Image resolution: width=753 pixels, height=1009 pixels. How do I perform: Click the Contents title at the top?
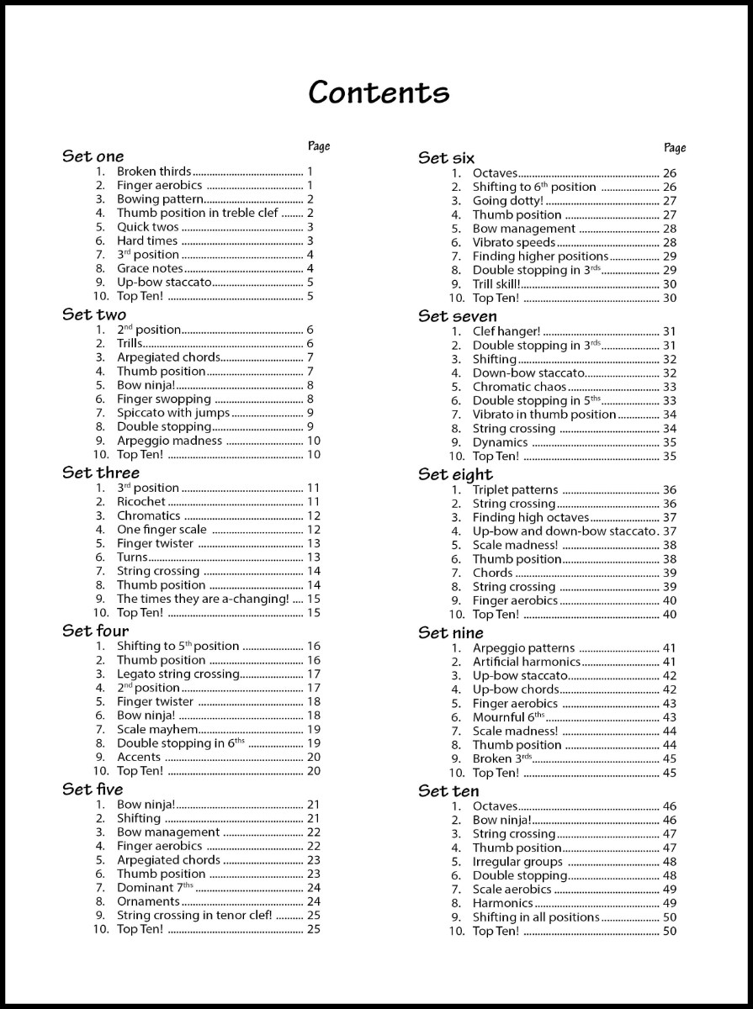tap(379, 92)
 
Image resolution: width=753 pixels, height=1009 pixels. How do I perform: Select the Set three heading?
tap(101, 473)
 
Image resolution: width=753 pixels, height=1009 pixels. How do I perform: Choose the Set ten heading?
tap(448, 791)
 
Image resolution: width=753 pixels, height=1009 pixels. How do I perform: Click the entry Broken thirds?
tap(154, 172)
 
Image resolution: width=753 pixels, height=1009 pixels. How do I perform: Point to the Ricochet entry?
tap(141, 502)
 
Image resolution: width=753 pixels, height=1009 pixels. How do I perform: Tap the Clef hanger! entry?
tap(506, 331)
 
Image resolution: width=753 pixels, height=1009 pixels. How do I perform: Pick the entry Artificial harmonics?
tap(527, 662)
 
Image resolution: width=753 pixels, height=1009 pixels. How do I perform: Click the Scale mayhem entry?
tap(157, 730)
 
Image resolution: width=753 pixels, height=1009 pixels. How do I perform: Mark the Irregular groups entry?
tap(517, 862)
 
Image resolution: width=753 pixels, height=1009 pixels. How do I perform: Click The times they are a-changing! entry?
tap(203, 599)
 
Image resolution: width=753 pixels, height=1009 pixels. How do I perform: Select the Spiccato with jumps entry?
tap(173, 413)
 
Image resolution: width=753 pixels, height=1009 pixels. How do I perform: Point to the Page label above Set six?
tap(675, 148)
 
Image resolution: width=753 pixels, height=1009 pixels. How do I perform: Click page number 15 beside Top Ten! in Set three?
tap(314, 613)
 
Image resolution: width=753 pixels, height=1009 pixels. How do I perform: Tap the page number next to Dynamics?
tap(670, 442)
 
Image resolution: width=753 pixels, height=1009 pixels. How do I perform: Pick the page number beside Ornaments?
tap(314, 901)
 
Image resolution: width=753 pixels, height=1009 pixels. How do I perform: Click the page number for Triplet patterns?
tap(670, 490)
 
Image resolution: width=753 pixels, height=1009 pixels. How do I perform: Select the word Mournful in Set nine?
tap(498, 717)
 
